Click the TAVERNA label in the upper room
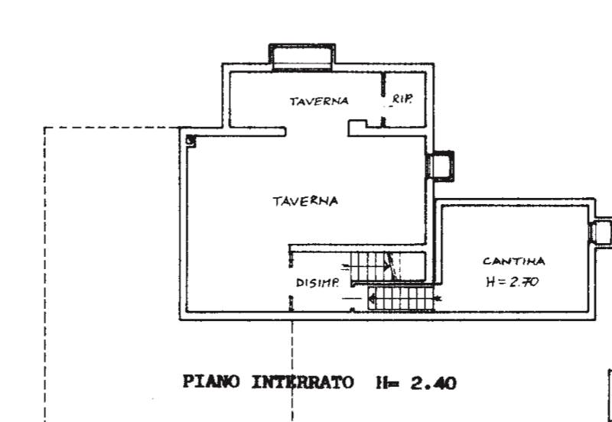click(319, 101)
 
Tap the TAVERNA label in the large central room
click(305, 201)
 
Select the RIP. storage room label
click(402, 99)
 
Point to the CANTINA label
click(513, 261)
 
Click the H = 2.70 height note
click(513, 281)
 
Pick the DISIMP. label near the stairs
click(317, 283)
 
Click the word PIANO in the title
click(211, 381)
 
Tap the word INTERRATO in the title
click(302, 382)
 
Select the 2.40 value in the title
click(433, 383)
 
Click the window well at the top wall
click(301, 57)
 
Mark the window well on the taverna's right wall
click(441, 166)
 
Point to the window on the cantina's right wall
click(601, 232)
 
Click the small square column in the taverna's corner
click(190, 141)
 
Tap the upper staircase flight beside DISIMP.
click(388, 266)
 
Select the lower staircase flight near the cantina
click(401, 299)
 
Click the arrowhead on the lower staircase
click(372, 299)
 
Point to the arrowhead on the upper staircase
click(387, 267)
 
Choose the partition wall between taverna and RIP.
click(383, 99)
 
